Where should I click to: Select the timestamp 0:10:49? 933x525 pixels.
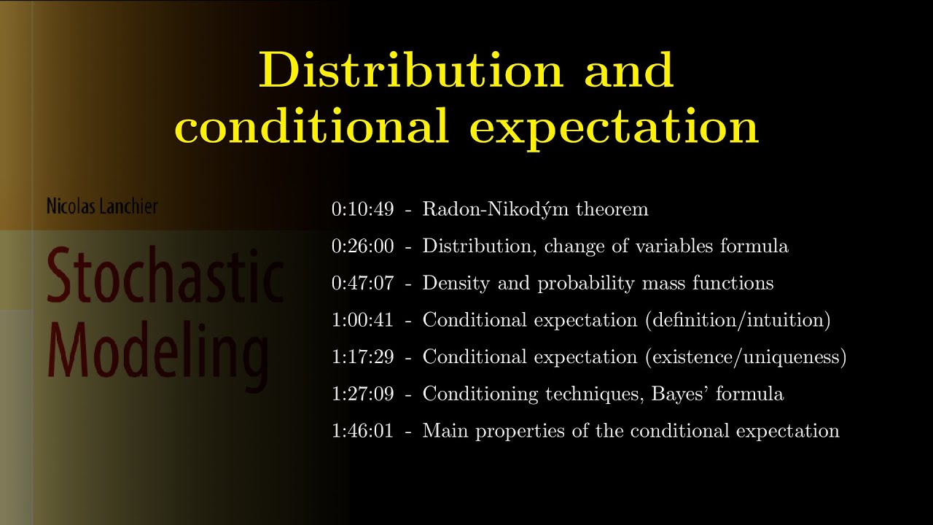(362, 210)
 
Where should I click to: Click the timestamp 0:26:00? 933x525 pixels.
(362, 246)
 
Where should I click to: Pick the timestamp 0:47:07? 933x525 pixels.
(362, 283)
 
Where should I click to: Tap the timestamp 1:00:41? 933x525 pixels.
(362, 320)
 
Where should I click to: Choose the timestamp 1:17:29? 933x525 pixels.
(362, 357)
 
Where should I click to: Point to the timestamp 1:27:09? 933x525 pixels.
(362, 394)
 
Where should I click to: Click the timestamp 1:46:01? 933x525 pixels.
(362, 431)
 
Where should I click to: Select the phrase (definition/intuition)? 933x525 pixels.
(738, 320)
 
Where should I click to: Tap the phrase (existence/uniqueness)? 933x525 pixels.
(746, 357)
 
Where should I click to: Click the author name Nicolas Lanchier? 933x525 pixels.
(101, 206)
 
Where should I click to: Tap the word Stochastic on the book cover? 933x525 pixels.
(165, 278)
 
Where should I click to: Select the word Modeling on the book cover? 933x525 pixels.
(157, 354)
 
